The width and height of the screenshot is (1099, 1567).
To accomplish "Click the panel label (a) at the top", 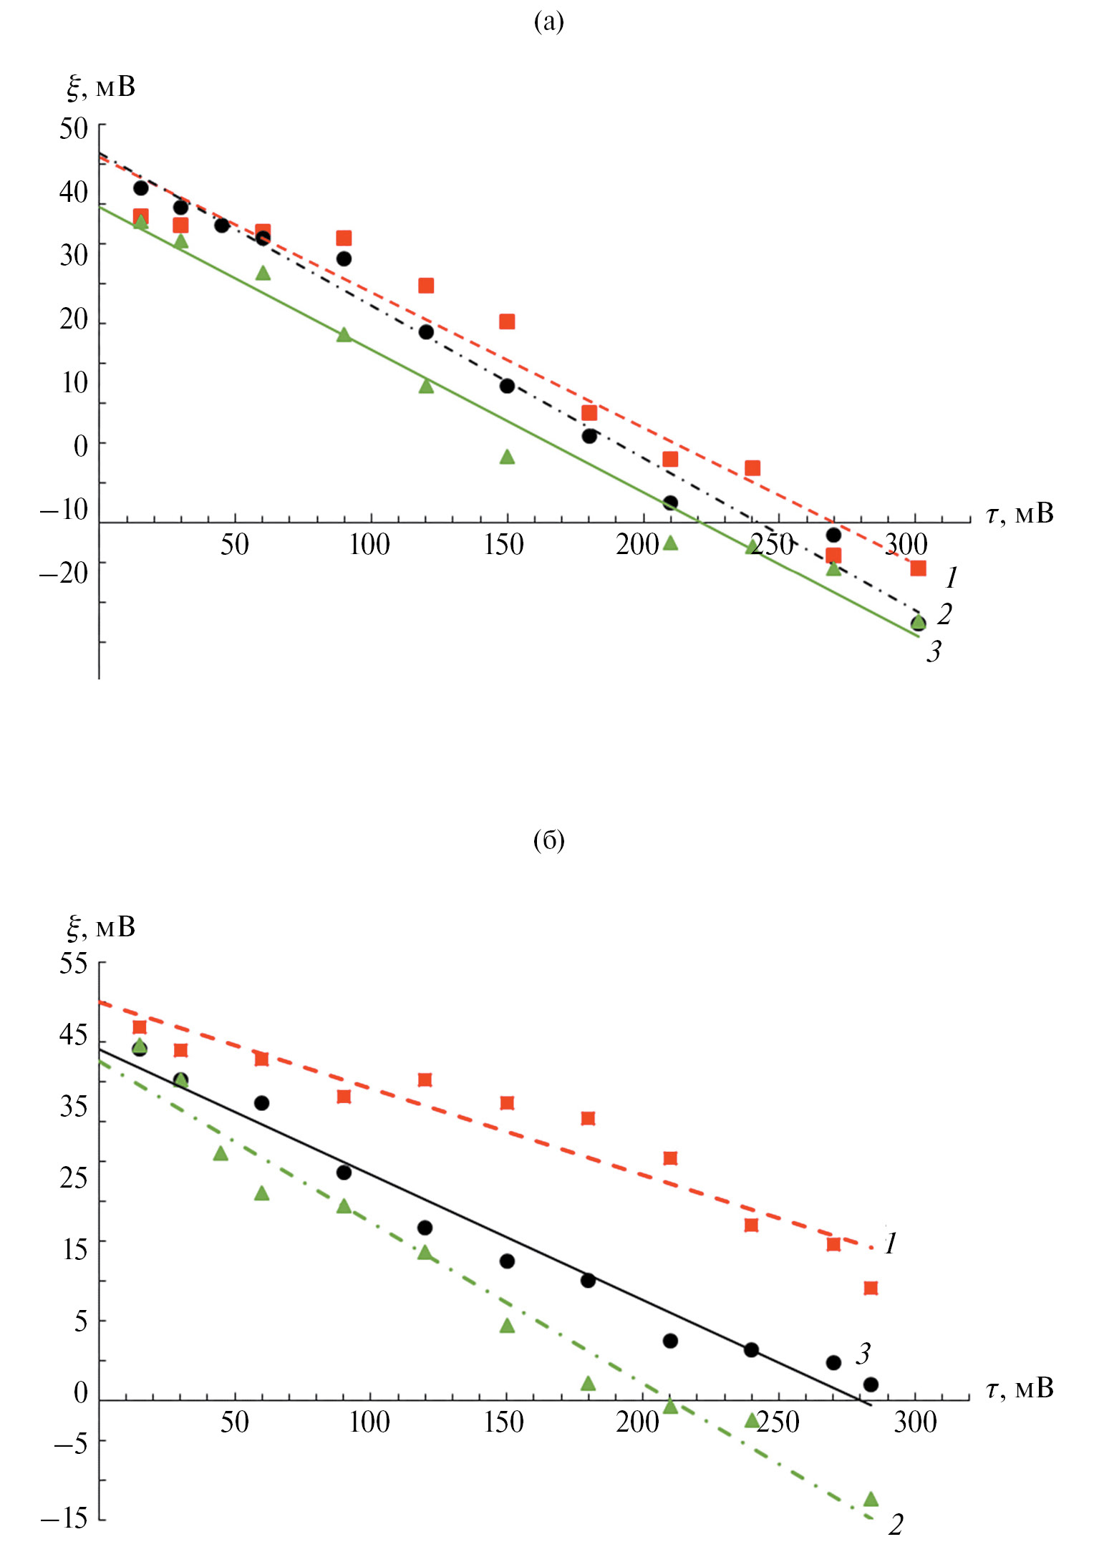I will [x=548, y=23].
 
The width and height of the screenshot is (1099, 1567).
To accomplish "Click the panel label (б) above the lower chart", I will [x=548, y=840].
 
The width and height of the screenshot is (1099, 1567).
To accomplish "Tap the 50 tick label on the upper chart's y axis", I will [x=73, y=129].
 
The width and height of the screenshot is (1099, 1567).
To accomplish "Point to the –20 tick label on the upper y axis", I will [x=64, y=573].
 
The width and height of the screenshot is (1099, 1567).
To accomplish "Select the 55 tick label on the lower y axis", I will [x=73, y=964].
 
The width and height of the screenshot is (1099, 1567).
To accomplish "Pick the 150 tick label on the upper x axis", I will [x=504, y=545].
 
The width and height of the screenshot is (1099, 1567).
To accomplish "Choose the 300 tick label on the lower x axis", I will [x=915, y=1422].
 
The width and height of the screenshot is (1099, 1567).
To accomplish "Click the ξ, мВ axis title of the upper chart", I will [x=100, y=87].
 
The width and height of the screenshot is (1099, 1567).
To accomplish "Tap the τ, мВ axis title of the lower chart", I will [x=1020, y=1388].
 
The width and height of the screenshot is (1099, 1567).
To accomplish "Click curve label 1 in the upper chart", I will [x=952, y=577].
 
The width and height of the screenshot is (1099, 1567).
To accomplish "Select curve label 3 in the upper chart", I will [x=934, y=651].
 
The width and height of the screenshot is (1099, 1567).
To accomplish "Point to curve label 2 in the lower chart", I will [x=896, y=1525].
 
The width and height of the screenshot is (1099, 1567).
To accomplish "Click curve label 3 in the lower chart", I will [x=863, y=1354].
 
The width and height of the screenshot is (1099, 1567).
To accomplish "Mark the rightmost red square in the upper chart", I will [x=918, y=568].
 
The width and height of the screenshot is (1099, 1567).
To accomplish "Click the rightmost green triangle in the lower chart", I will [x=871, y=1498].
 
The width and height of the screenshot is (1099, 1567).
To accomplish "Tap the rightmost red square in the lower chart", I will [x=871, y=1289].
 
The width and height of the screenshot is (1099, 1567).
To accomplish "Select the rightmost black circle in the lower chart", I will [x=871, y=1384].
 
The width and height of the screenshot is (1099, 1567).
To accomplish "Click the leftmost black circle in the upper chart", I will [x=141, y=188].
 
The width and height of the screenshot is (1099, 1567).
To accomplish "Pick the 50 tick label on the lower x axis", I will [x=234, y=1422].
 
